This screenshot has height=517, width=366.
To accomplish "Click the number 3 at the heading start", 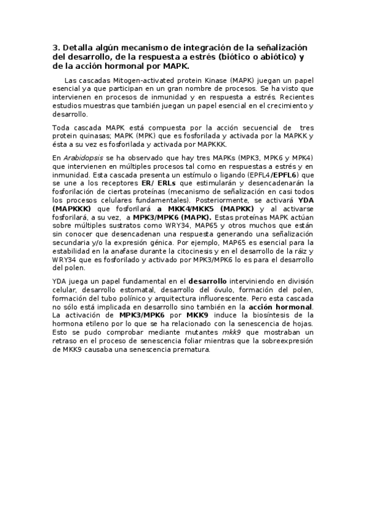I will [x=55, y=48].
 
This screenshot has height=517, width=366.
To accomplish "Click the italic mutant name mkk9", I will [x=232, y=332].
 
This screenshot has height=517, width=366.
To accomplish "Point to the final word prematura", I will [x=190, y=349].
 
